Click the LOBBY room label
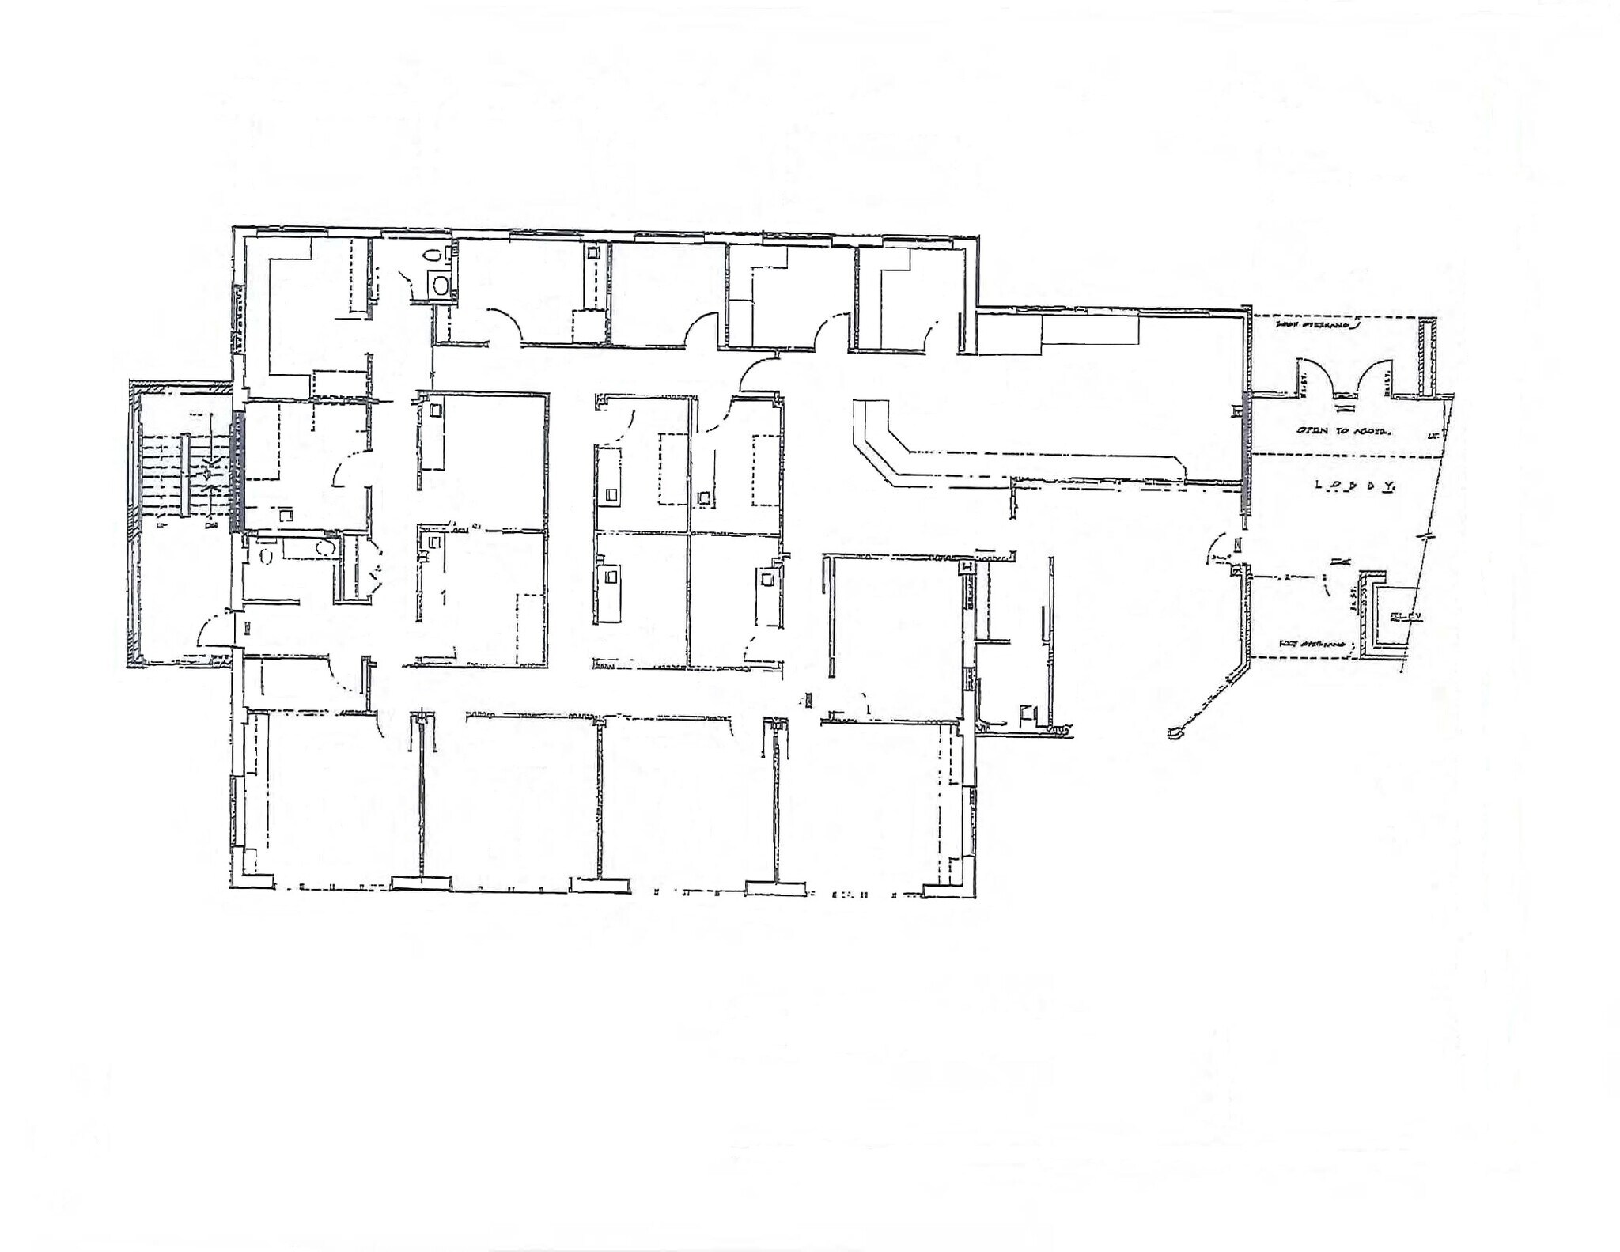[x=1353, y=486]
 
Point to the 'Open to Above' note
[x=1342, y=431]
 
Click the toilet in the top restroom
[x=433, y=255]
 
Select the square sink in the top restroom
[x=441, y=283]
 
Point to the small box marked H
[x=966, y=567]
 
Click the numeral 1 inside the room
[x=444, y=597]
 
